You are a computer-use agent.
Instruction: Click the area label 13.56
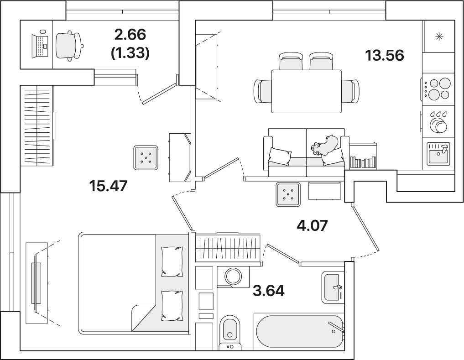click(x=385, y=55)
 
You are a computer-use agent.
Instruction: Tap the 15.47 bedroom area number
click(x=108, y=186)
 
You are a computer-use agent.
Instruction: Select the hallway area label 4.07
click(x=312, y=225)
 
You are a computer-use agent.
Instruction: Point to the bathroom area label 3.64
click(x=269, y=291)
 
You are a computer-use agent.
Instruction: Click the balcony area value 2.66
click(x=130, y=35)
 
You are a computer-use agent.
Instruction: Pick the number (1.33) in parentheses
click(x=130, y=53)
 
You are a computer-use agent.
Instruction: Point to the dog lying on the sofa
click(x=324, y=146)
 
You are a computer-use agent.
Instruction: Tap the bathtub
click(x=300, y=331)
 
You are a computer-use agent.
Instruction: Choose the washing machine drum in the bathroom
click(x=234, y=277)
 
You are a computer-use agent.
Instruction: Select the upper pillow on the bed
click(x=172, y=261)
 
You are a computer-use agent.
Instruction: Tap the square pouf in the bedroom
click(x=145, y=157)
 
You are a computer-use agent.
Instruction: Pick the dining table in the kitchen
click(x=307, y=91)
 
